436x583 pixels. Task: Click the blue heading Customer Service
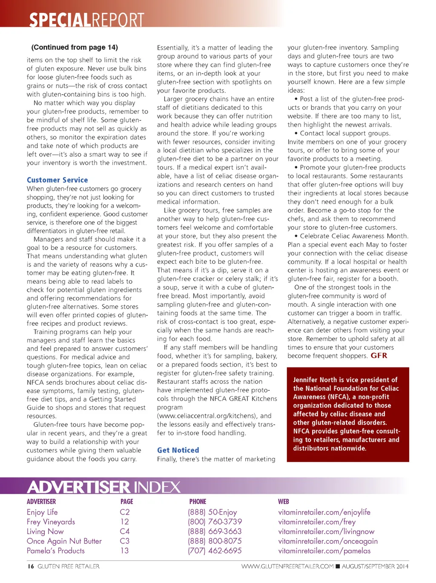coord(57,180)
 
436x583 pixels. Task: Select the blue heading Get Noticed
coord(178,450)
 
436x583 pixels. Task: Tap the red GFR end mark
coord(379,355)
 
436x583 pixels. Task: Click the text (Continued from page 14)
coord(75,47)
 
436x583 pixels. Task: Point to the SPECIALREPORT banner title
coord(86,20)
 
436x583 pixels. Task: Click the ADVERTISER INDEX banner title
coord(104,487)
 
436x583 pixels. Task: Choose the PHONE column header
coord(198,501)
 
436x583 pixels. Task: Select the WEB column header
coord(284,501)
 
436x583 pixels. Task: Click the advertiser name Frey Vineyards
coord(51,522)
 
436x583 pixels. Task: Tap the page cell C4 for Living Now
coord(124,531)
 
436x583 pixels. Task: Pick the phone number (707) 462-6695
coord(215,551)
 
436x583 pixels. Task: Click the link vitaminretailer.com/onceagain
coord(328,541)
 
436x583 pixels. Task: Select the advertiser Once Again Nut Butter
coord(64,541)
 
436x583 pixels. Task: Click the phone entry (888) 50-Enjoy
coord(212,512)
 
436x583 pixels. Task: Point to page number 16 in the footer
coord(31,566)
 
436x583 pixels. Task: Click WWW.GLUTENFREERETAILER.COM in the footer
coord(287,566)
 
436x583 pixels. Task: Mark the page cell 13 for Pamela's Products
coord(124,551)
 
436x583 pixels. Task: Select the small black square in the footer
coord(338,566)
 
